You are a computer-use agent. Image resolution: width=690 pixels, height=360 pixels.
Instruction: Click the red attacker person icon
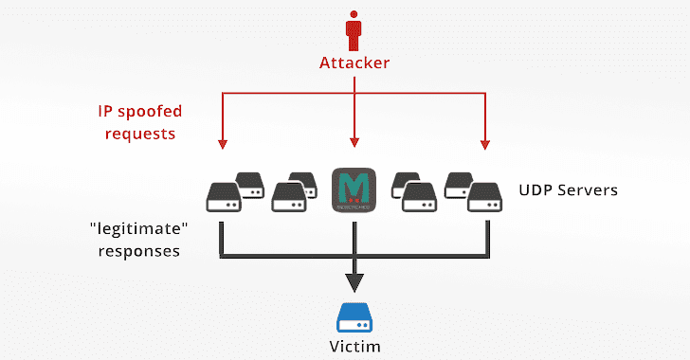(x=354, y=32)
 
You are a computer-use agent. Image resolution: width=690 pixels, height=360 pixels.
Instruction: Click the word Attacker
(x=354, y=63)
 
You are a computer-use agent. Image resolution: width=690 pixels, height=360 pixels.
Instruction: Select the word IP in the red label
(x=108, y=111)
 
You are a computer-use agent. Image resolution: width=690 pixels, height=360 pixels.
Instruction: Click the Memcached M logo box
(x=354, y=189)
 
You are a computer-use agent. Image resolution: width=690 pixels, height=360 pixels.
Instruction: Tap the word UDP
(x=536, y=190)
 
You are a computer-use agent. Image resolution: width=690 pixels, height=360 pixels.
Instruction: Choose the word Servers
(x=589, y=190)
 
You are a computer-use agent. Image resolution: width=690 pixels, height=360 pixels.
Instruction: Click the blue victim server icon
(x=354, y=315)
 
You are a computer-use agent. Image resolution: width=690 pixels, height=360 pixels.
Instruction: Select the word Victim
(x=354, y=346)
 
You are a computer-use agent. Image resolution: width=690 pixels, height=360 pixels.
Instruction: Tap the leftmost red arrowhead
(x=222, y=144)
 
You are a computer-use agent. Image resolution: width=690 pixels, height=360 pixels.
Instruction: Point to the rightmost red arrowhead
(x=485, y=144)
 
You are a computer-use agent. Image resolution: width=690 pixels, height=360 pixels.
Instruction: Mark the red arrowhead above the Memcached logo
(x=354, y=144)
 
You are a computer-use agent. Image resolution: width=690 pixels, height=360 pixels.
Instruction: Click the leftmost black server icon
(x=222, y=197)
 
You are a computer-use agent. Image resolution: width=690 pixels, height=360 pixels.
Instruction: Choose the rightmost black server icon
(x=485, y=197)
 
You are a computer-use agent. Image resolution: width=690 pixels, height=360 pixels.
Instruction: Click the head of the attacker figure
(x=354, y=14)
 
